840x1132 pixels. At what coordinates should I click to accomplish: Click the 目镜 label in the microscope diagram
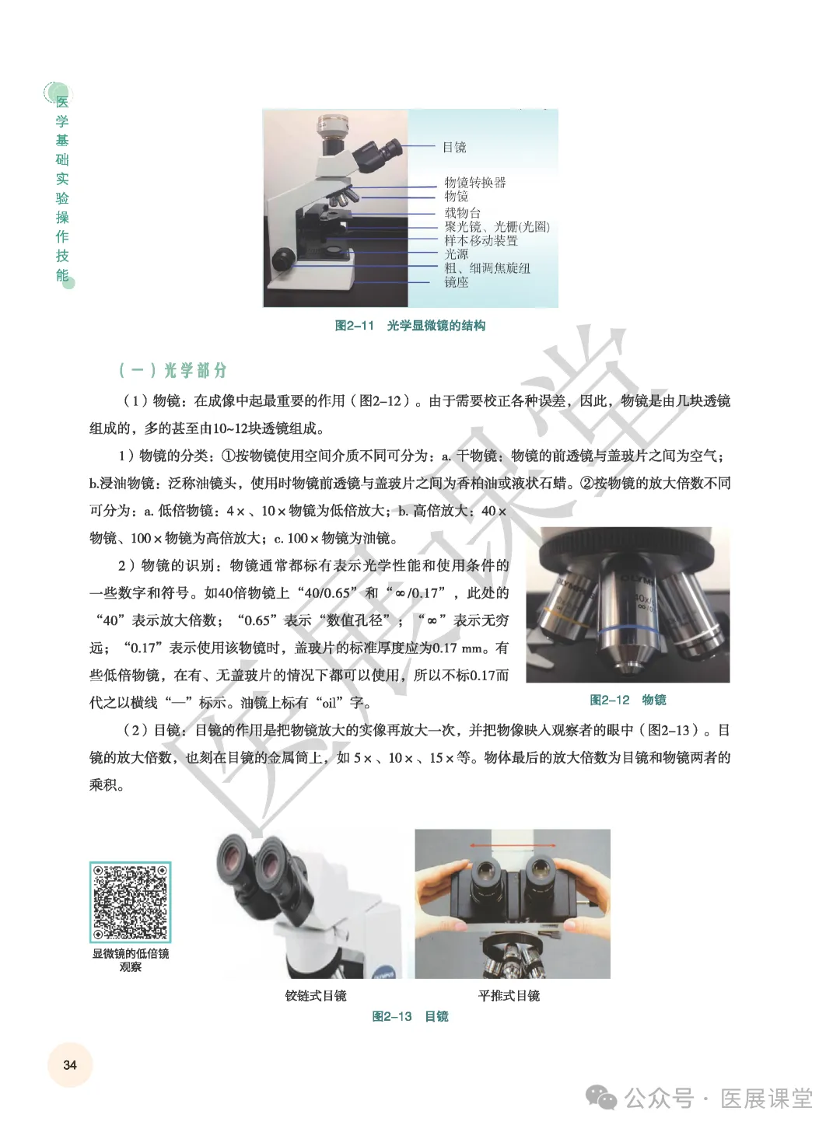(x=454, y=148)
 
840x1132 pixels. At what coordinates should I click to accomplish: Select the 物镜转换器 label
(x=475, y=182)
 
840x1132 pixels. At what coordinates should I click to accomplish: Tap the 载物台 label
(x=462, y=213)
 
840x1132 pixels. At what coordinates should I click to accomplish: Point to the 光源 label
(x=456, y=254)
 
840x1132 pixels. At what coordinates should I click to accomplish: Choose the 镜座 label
(x=456, y=282)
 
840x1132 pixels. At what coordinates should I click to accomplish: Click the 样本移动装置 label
(x=481, y=240)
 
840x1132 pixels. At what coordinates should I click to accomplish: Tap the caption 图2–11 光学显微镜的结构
(x=410, y=326)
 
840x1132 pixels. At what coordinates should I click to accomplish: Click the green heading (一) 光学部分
(x=173, y=370)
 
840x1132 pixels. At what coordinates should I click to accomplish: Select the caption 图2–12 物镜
(x=628, y=700)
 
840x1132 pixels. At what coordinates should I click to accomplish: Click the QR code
(x=130, y=902)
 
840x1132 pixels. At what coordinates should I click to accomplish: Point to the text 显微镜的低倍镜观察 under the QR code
(x=130, y=960)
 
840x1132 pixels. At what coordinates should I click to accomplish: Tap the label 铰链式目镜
(x=316, y=996)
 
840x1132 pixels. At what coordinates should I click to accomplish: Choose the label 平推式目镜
(x=509, y=996)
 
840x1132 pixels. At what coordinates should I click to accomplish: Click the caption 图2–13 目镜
(x=410, y=1017)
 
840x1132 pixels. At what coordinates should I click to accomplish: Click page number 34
(x=70, y=1065)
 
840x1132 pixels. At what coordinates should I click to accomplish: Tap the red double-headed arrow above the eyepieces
(x=513, y=846)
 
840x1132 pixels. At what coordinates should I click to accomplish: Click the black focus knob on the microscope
(x=282, y=259)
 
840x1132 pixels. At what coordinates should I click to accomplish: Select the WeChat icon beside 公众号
(x=601, y=1097)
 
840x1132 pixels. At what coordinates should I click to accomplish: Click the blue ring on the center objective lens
(x=627, y=629)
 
